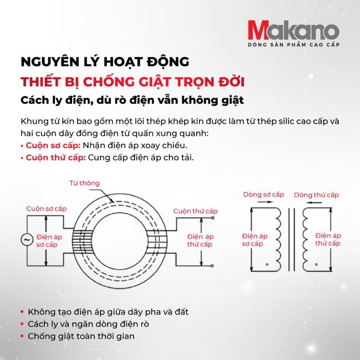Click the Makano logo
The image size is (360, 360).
[x=293, y=30]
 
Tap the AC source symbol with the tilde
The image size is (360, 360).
[x=27, y=240]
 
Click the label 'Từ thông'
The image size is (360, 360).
[x=85, y=183]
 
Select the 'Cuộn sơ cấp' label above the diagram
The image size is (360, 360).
[x=46, y=209]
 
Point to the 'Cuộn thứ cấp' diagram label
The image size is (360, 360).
[x=195, y=211]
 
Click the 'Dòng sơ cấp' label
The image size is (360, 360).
[x=264, y=195]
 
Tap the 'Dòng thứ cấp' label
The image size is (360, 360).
[x=316, y=195]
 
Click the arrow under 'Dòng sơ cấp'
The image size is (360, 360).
[x=265, y=202]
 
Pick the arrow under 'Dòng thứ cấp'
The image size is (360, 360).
[x=314, y=202]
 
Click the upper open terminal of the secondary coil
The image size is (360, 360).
[x=213, y=218]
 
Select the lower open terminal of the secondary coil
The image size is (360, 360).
[x=212, y=266]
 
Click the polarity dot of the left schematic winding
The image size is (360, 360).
[x=267, y=265]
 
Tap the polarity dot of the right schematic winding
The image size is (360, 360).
[x=316, y=265]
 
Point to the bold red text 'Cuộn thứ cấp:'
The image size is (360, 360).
[x=56, y=158]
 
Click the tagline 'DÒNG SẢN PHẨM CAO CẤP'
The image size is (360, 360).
[x=294, y=45]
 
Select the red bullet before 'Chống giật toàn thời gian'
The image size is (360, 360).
[x=22, y=336]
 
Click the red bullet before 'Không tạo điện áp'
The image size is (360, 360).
[x=22, y=312]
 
